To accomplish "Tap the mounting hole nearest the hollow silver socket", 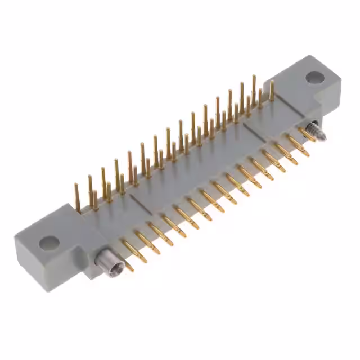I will coord(49,243).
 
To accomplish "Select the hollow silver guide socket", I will coord(105,259).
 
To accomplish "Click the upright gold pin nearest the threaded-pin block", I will coord(272,91).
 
